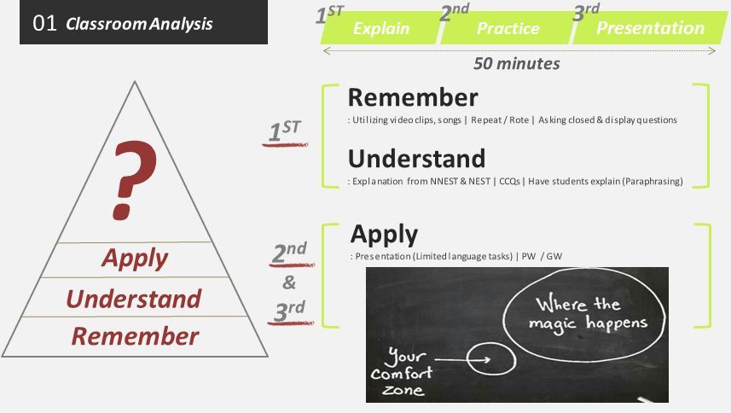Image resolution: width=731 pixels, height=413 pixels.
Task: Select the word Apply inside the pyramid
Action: coord(135,259)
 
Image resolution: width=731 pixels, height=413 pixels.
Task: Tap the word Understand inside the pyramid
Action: coord(134,299)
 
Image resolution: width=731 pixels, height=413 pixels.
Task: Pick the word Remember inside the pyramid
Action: coord(136,336)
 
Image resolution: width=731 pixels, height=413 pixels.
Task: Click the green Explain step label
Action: coord(381,28)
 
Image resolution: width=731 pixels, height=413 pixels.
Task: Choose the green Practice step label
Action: coord(508,28)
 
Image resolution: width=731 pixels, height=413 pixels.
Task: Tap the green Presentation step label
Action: coord(650,28)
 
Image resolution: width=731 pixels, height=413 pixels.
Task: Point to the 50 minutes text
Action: coord(517,63)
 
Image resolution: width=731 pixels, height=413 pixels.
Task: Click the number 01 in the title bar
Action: coord(44,23)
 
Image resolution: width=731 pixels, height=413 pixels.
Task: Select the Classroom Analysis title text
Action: coord(139,24)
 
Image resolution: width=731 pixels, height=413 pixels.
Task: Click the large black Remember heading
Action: coord(413,97)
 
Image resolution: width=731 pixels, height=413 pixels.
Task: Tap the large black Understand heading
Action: coord(417,159)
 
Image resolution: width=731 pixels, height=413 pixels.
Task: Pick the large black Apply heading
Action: coord(384,235)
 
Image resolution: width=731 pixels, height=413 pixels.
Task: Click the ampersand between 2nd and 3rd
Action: coord(289,282)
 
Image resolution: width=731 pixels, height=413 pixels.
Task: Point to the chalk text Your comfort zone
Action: coord(402,372)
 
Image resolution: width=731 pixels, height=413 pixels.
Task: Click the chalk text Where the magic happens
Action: coord(588,313)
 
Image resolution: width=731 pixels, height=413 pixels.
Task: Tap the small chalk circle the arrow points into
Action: coord(491,343)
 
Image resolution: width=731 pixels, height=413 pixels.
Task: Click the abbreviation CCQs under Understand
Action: coord(509,181)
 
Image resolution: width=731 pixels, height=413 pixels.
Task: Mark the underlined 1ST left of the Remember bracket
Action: coord(285,131)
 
